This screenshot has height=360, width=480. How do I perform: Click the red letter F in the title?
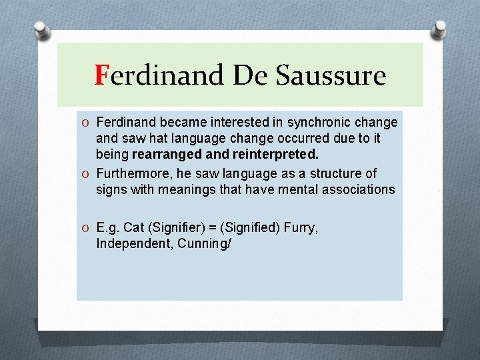coord(101,75)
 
